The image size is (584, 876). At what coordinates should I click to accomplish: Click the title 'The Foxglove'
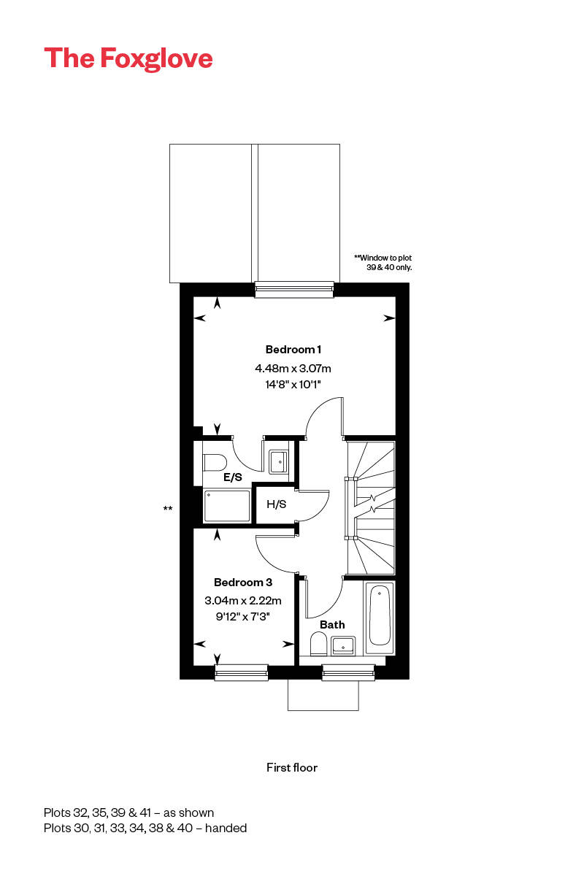coord(128,58)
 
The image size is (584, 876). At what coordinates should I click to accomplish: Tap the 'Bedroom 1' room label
coord(293,350)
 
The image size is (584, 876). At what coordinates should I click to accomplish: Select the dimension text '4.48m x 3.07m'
coord(293,368)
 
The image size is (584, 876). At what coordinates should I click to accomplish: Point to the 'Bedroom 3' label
coord(243,583)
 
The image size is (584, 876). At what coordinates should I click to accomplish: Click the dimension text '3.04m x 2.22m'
coord(243,601)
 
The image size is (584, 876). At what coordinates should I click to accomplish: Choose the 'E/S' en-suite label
coord(233,477)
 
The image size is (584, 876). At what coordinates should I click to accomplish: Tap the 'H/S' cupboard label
coord(276,504)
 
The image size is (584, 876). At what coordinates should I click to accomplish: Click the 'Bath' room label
coord(332,625)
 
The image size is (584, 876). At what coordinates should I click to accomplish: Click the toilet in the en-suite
coord(215,462)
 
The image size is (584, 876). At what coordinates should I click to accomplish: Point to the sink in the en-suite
coord(279,461)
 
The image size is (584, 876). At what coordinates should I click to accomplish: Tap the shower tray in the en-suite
coord(226,506)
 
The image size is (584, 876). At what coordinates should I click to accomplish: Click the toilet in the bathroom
coord(318,643)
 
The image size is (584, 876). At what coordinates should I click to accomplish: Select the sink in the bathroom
coord(343,645)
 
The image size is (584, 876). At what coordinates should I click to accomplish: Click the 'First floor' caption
coord(292,767)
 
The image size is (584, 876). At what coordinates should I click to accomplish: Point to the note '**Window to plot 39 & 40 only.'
coord(383,263)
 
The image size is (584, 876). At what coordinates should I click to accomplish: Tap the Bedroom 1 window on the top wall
coord(294,290)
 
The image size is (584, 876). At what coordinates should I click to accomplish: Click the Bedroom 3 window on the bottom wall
coord(241,672)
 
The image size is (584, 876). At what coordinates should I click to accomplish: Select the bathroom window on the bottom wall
coord(348,672)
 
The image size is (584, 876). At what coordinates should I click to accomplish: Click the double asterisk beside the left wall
coord(168,509)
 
